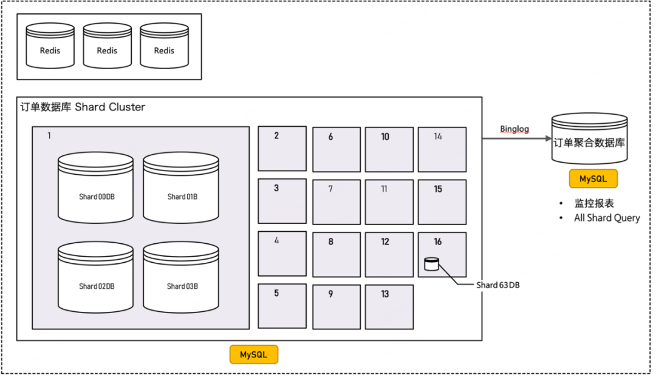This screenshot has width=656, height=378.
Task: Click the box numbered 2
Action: [282, 149]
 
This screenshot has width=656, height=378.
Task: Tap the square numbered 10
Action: [389, 149]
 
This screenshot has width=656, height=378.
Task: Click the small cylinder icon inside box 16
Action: [431, 264]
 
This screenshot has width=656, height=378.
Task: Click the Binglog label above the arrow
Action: [515, 129]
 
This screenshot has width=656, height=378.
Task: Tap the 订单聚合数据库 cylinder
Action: [589, 140]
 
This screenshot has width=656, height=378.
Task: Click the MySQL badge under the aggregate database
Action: [593, 179]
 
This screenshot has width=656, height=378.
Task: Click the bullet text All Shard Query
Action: [607, 218]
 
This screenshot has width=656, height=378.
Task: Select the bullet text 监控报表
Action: [594, 203]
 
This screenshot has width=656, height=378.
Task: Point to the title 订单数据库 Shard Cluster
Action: [83, 107]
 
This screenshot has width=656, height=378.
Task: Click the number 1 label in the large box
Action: [49, 135]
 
